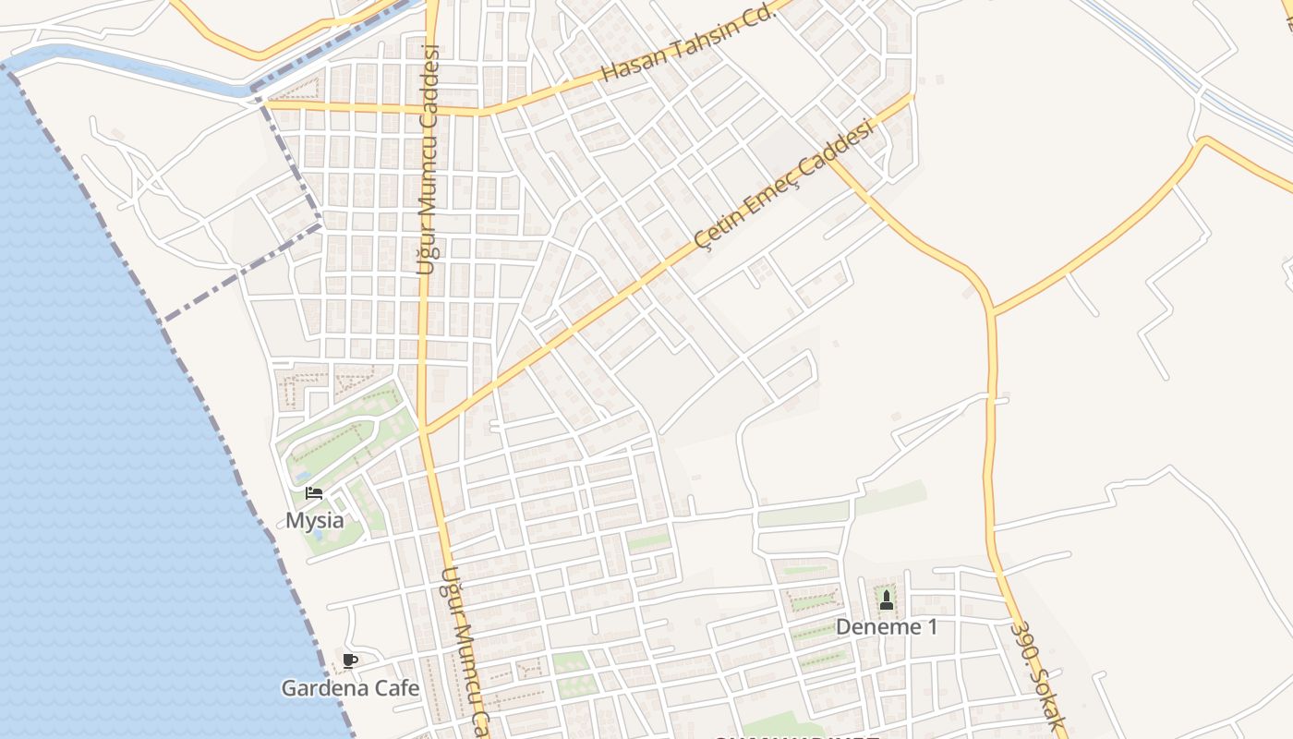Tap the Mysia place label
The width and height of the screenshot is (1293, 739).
click(314, 520)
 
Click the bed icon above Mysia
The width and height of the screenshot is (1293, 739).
click(314, 492)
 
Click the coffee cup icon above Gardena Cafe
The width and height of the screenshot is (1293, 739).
click(349, 660)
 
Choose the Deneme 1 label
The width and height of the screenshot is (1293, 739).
click(887, 627)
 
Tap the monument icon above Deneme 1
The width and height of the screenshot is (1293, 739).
click(887, 600)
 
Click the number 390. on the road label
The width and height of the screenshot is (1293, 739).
click(1025, 643)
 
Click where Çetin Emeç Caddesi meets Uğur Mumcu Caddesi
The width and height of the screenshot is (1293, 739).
click(426, 430)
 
